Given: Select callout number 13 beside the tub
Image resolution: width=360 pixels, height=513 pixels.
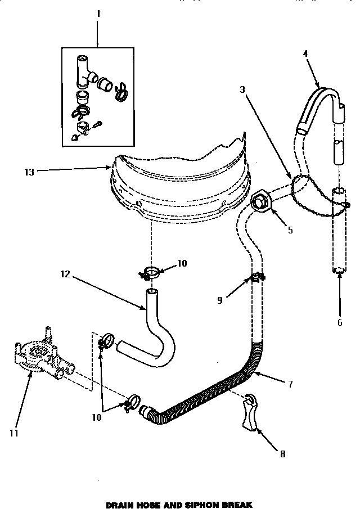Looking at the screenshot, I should tap(29, 172).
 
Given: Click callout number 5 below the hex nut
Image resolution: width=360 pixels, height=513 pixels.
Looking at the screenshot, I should tap(290, 230).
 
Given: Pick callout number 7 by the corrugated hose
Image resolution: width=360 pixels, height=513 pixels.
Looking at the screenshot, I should tap(290, 385).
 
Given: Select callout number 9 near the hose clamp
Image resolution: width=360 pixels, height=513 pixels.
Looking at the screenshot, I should tap(220, 300).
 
